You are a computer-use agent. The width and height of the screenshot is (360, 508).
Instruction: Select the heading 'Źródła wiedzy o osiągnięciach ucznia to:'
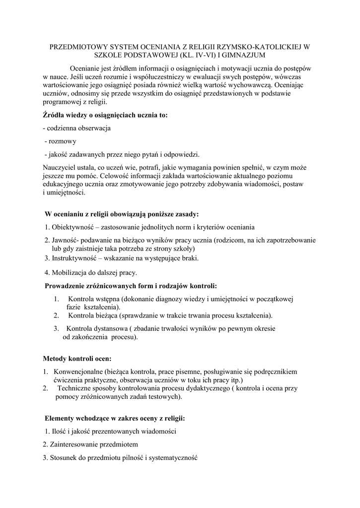(x=105, y=115)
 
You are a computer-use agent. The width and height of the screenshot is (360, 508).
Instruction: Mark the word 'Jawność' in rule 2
(x=64, y=240)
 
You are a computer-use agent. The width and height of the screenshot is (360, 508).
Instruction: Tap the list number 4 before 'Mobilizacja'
(x=46, y=272)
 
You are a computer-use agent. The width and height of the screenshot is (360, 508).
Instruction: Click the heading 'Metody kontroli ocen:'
(x=77, y=358)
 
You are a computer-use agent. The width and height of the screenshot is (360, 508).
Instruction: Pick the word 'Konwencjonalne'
(x=78, y=371)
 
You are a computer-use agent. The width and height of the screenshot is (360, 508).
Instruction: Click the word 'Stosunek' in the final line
(x=64, y=457)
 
